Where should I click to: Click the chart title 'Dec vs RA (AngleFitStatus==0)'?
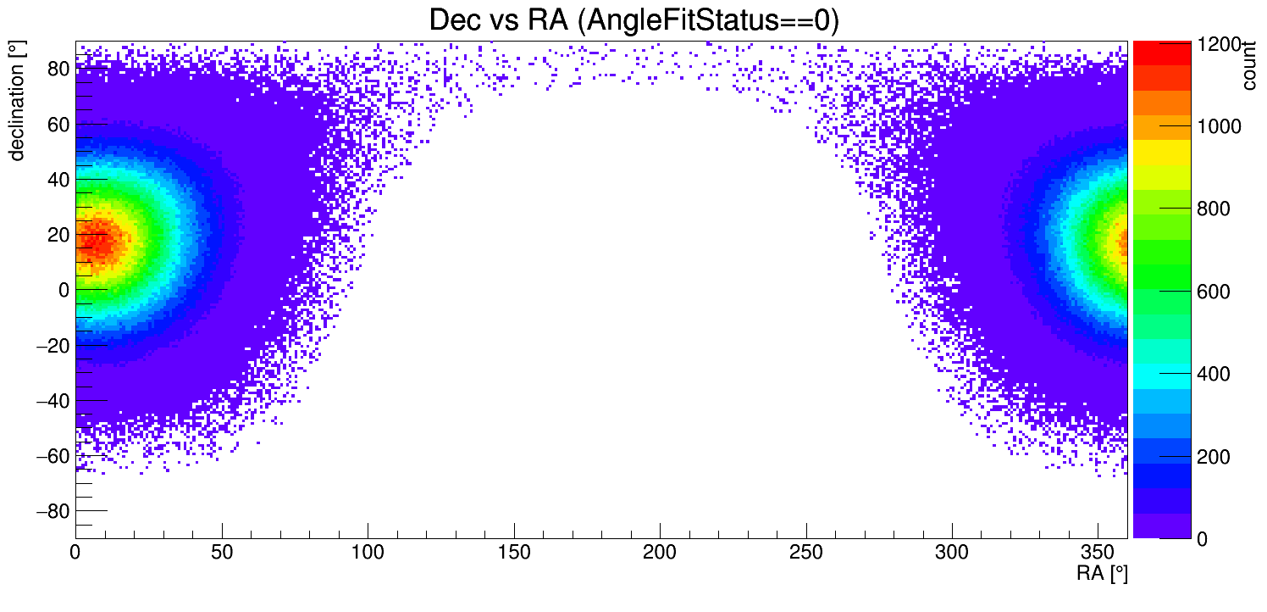point(633,20)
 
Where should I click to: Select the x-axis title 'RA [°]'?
point(1101,574)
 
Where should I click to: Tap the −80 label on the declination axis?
point(52,511)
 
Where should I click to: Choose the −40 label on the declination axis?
point(52,400)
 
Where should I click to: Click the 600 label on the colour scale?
point(1212,292)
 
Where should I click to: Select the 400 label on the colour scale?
point(1212,374)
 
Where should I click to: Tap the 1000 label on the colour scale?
point(1217,126)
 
